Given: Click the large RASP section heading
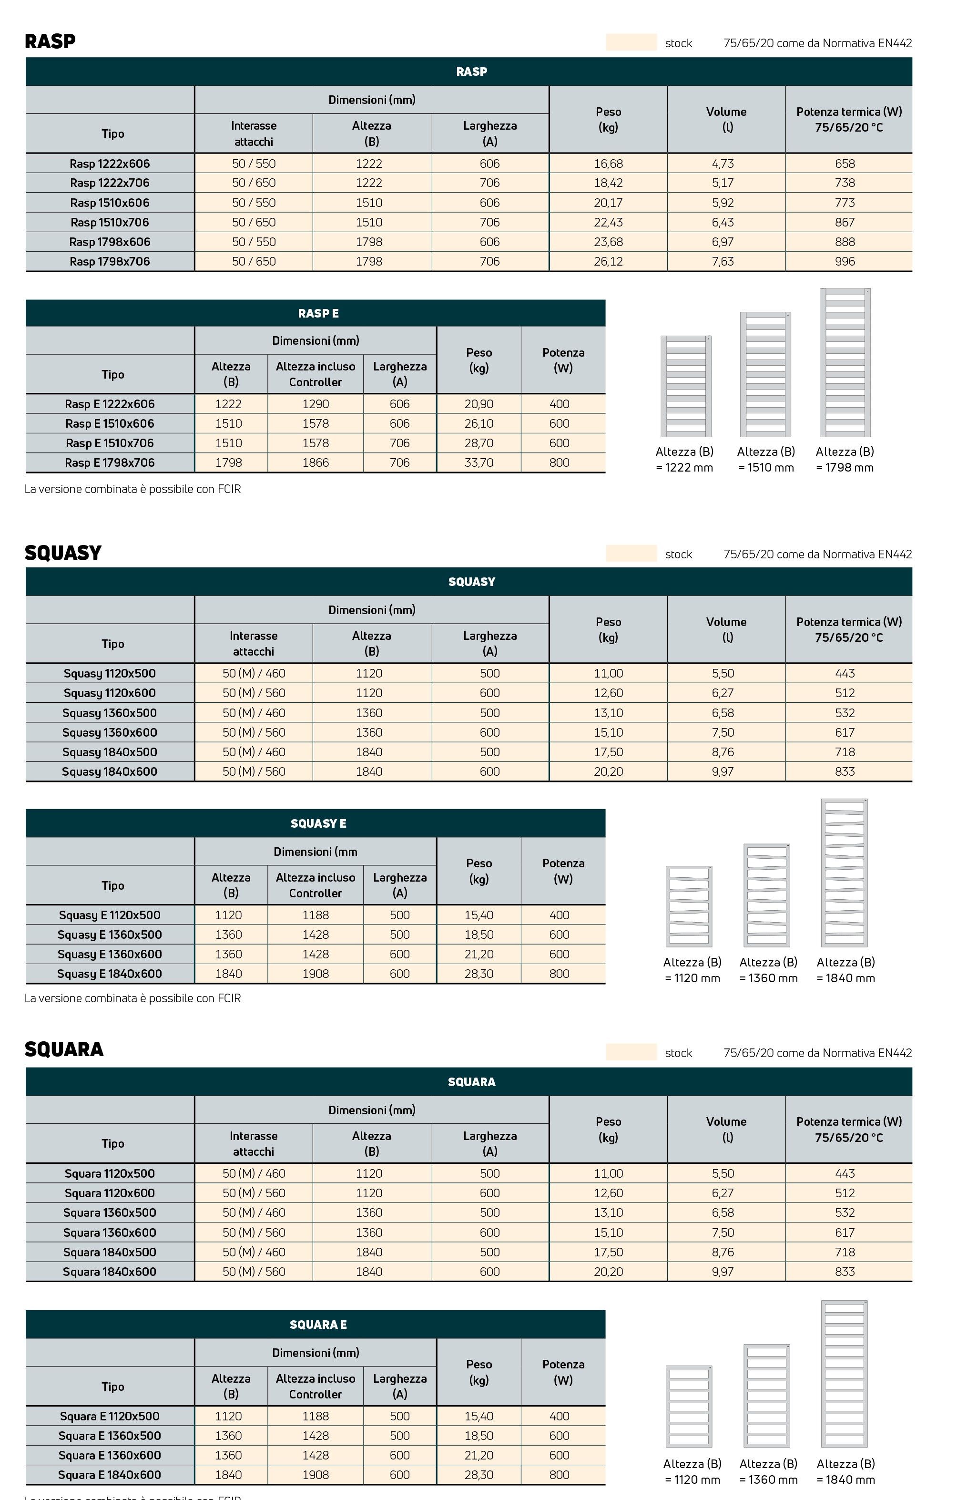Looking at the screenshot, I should point(50,41).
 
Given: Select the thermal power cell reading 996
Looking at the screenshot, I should point(845,262).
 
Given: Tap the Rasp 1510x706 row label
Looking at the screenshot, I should point(110,222).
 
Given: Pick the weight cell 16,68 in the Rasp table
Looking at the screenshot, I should point(608,164).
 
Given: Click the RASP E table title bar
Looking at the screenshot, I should point(315,313).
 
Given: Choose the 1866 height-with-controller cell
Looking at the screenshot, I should point(315,463).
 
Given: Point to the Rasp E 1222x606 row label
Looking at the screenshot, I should point(110,404).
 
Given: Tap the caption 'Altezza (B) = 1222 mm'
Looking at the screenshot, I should point(684,460).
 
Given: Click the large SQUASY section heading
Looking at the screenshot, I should point(63,553).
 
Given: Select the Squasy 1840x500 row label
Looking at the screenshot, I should point(110,752).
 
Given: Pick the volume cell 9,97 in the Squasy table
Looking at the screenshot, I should point(723,772).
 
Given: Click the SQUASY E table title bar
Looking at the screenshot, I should point(315,823).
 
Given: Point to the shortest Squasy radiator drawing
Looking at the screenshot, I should point(689,906).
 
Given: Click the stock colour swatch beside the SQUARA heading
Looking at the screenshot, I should point(631,1052).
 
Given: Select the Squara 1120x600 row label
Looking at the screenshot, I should point(110,1193).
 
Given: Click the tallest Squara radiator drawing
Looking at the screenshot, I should point(845,1374).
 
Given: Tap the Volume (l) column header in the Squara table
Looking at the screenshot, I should point(726,1130).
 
